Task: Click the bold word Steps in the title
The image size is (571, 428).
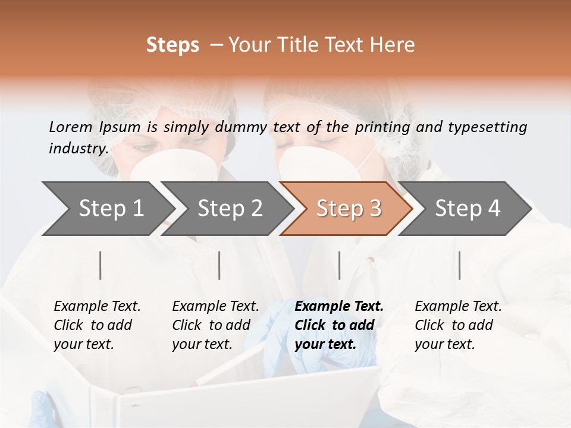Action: tap(172, 45)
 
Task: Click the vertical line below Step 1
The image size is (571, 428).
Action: tap(101, 265)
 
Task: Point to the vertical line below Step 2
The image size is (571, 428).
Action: tap(219, 265)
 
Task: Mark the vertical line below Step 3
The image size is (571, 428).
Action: tap(340, 265)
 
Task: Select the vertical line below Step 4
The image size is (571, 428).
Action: tap(460, 265)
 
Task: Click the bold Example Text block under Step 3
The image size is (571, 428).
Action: tap(339, 325)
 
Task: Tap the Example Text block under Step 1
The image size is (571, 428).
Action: tap(97, 325)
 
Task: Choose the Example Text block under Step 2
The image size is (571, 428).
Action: tap(215, 325)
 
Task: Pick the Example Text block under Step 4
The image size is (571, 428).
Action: tap(458, 325)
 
